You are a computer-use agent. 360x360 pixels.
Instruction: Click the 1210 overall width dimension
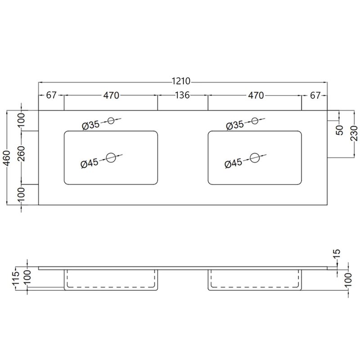click(x=181, y=81)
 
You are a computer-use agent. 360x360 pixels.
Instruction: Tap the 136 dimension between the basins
click(x=183, y=95)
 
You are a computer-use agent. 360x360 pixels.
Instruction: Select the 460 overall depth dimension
click(x=7, y=158)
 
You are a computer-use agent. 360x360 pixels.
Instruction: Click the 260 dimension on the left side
click(x=21, y=153)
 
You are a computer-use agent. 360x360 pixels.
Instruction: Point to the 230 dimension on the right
click(x=354, y=133)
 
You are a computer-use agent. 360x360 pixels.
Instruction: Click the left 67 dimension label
click(x=51, y=95)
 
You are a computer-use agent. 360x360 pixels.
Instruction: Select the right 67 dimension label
click(x=315, y=95)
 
